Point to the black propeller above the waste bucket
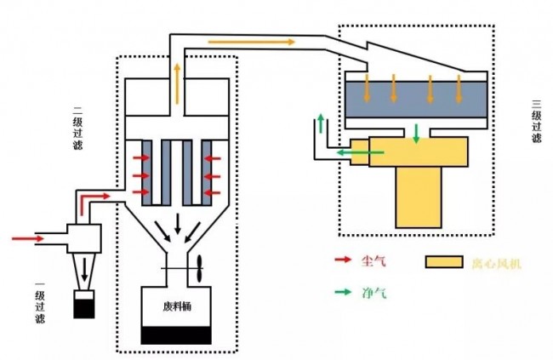[x=198, y=270]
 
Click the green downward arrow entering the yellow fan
[x=415, y=134]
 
